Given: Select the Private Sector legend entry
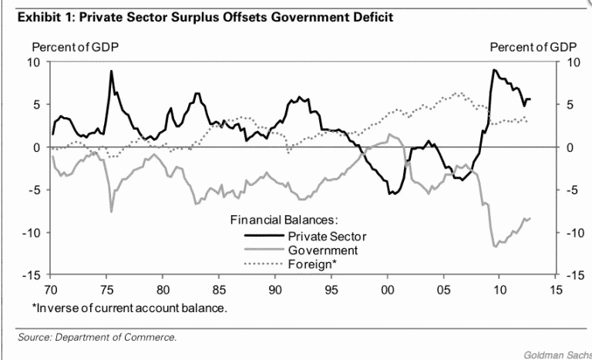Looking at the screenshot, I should click(327, 235).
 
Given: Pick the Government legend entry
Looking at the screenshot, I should click(322, 251).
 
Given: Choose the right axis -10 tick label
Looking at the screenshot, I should click(574, 233).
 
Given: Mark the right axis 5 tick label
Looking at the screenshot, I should click(570, 104).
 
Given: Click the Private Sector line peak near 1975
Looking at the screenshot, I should click(111, 72).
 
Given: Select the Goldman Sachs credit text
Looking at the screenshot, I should click(557, 354).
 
